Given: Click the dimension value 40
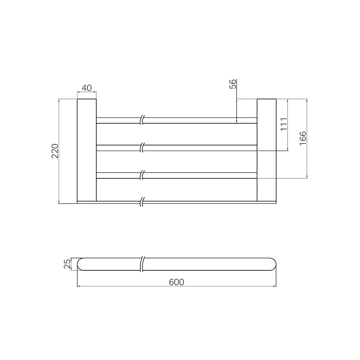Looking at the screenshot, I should coord(87,88).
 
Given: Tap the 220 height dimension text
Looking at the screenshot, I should coord(55,151).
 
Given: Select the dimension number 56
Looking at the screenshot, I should coord(233,84).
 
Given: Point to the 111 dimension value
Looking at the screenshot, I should coord(284,124).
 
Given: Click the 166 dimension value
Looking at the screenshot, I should coord(303,138).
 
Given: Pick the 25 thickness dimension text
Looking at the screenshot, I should coord(67,264).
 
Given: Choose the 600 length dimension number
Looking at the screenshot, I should coord(176,282).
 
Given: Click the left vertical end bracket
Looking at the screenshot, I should coord(87,150).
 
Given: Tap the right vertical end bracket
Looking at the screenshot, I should coord(266,150).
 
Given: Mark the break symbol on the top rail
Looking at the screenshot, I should coord(142,120).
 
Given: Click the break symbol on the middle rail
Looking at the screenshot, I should coord(142,148).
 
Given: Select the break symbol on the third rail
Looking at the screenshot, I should coord(142,175).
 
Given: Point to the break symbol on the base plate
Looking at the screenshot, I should coord(142,202).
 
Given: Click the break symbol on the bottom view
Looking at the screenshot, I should coord(143,264).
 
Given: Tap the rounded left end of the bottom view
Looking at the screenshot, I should coord(80,264).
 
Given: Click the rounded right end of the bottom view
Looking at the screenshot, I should coord(273,264).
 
